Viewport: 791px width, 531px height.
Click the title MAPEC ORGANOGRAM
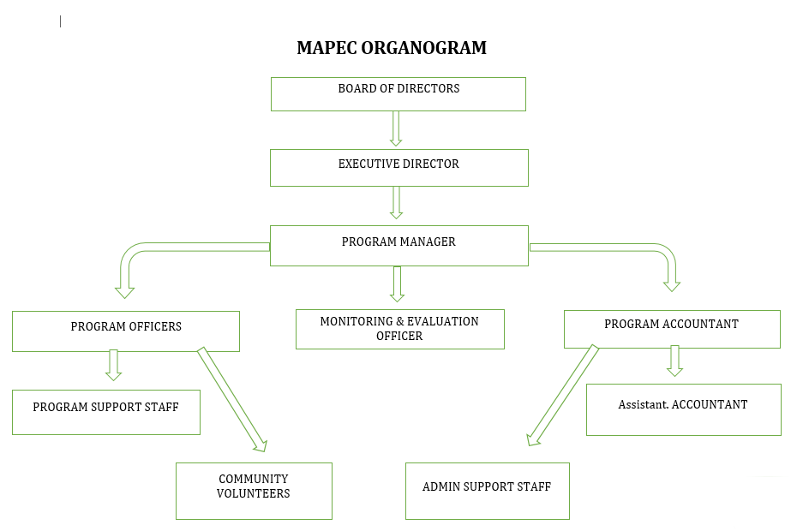tap(392, 48)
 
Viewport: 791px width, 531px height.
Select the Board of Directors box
tap(398, 93)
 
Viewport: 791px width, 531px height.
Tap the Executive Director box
tap(398, 168)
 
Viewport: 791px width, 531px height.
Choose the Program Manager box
tap(398, 245)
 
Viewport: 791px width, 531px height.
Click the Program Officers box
tap(125, 331)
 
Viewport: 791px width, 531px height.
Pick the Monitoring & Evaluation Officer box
tap(399, 329)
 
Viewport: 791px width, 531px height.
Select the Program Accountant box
tap(671, 329)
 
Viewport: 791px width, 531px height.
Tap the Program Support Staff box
tap(105, 412)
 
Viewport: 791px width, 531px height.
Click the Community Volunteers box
tap(253, 491)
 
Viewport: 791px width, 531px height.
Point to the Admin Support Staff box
tap(487, 491)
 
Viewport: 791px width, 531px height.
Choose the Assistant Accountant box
tap(683, 409)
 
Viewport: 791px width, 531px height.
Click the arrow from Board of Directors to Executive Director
tap(396, 128)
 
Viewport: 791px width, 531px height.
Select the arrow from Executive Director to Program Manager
tap(396, 203)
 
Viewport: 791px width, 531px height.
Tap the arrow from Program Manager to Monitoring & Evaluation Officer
tap(397, 283)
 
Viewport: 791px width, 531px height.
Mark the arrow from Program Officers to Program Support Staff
tap(113, 365)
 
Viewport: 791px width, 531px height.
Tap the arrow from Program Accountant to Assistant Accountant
tap(674, 361)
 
